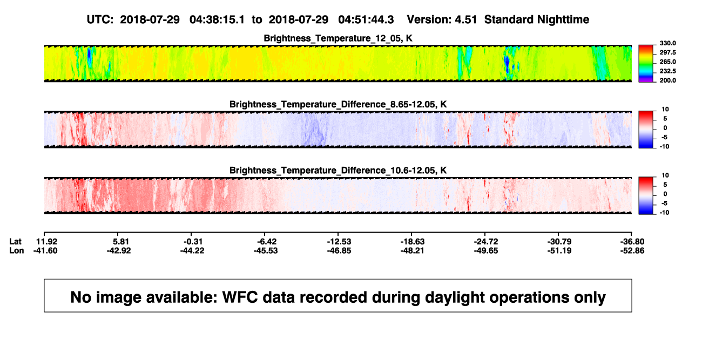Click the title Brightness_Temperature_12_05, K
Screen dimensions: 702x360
[338, 38]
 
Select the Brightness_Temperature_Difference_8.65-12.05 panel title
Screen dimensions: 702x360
[338, 104]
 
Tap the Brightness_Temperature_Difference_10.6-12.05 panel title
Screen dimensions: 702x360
[338, 171]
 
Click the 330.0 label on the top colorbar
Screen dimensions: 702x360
[667, 43]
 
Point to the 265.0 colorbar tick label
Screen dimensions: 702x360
[667, 62]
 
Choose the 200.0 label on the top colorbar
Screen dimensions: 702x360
[667, 80]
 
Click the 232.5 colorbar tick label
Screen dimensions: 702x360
[667, 71]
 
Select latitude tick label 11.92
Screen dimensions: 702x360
[47, 242]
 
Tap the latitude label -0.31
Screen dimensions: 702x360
[193, 242]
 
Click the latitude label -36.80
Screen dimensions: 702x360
[632, 242]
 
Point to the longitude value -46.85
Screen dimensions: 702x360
[339, 250]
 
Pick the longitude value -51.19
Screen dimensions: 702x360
[559, 250]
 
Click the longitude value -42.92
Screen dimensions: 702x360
[119, 250]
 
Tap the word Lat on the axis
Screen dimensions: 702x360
[15, 242]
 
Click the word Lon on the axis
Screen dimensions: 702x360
[17, 250]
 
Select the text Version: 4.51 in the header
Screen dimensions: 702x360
[442, 20]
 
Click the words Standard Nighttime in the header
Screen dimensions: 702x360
[537, 20]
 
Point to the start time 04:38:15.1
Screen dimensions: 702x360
[217, 20]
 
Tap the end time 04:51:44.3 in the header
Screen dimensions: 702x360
[366, 20]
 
